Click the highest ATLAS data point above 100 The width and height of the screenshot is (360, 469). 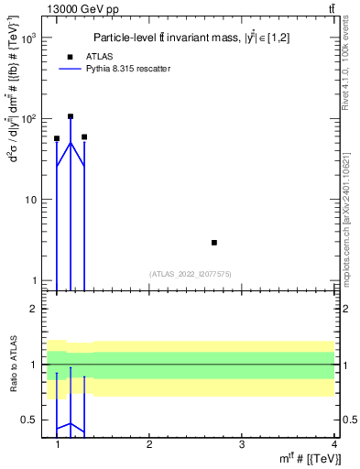(x=71, y=116)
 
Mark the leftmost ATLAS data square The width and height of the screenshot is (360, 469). (x=57, y=138)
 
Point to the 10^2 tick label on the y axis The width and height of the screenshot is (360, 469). (x=28, y=119)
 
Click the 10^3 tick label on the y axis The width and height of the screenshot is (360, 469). (x=28, y=38)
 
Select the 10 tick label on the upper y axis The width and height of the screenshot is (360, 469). (x=30, y=200)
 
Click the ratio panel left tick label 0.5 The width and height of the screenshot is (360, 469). (x=30, y=420)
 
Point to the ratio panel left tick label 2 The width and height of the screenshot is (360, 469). (x=34, y=309)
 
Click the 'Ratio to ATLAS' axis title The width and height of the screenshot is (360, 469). (x=13, y=365)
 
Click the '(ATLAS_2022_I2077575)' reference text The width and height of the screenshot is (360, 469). (x=190, y=273)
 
